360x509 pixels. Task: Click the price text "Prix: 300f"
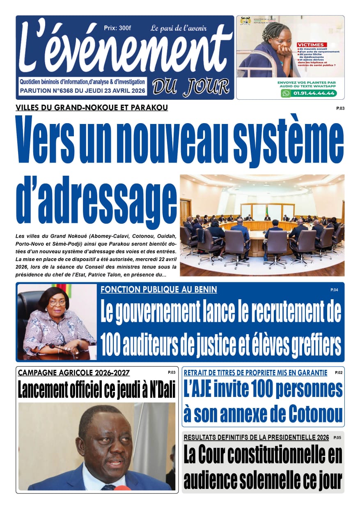tap(117, 28)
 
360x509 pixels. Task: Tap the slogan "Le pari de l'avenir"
tap(179, 28)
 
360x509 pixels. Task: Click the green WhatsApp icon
tap(286, 93)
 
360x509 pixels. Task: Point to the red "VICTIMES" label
tap(312, 45)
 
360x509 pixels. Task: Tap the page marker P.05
tap(337, 438)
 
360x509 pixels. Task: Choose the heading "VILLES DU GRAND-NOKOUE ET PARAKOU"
tap(92, 108)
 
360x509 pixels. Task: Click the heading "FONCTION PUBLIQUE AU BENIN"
tap(159, 290)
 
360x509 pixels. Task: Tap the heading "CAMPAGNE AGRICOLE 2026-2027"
tap(74, 373)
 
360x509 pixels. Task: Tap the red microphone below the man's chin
tap(122, 487)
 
